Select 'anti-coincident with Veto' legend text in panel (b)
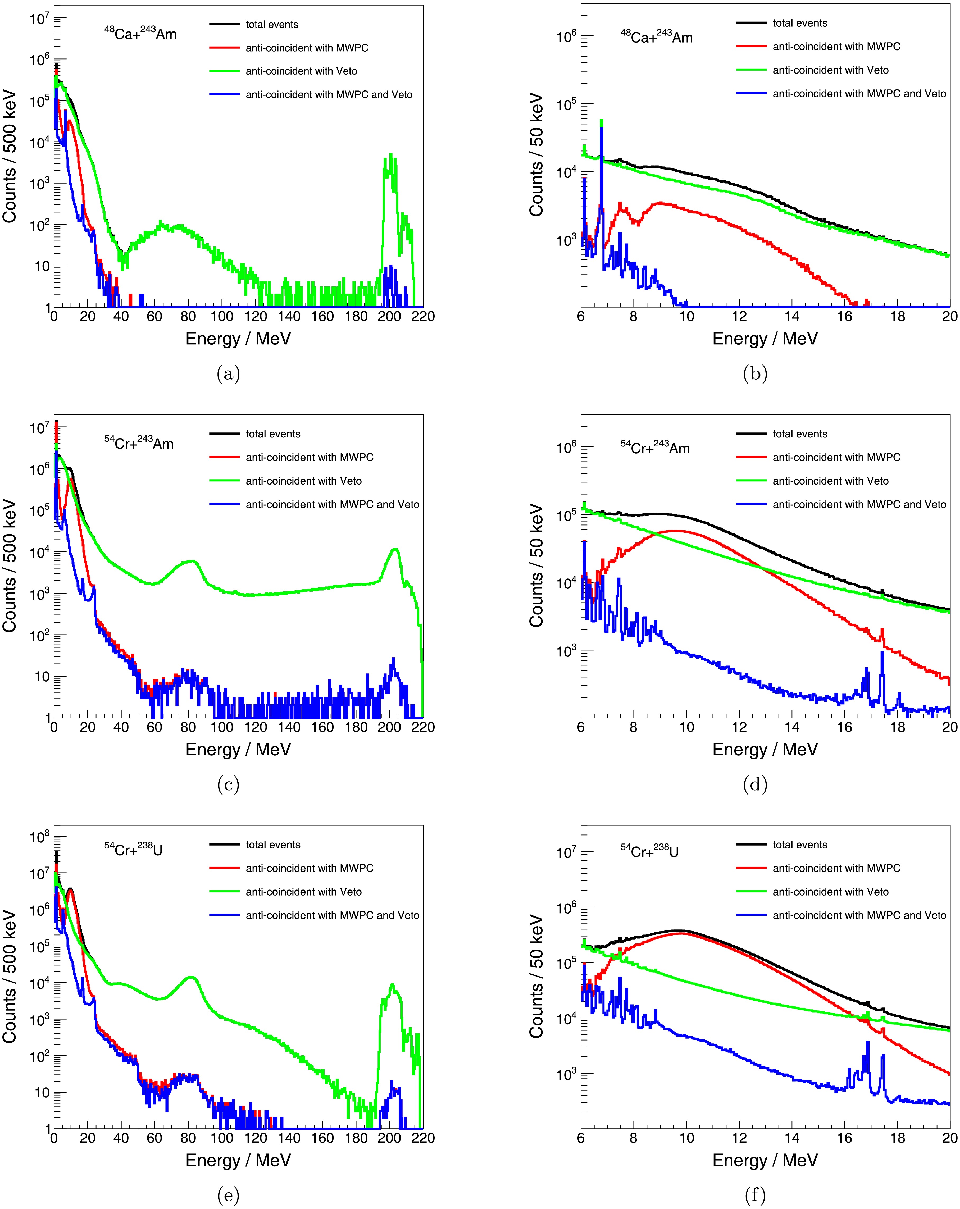click(830, 70)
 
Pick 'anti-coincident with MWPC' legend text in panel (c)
click(310, 458)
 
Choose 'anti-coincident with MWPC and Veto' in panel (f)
click(859, 915)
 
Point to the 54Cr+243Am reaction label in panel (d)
click(655, 448)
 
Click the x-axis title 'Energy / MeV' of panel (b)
click(765, 339)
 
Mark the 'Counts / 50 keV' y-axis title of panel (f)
click(537, 976)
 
